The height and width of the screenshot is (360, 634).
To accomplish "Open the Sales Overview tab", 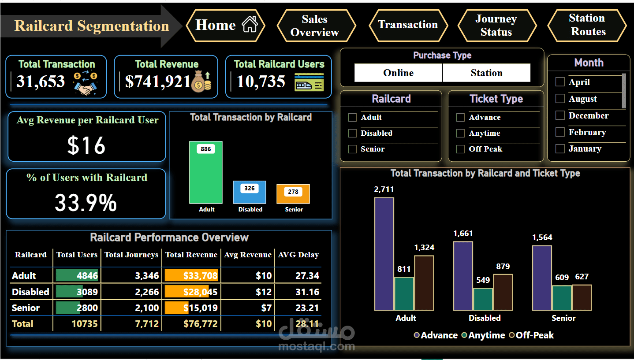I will [315, 26].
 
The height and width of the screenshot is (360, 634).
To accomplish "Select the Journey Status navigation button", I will [496, 26].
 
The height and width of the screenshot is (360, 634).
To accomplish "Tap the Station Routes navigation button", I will [587, 25].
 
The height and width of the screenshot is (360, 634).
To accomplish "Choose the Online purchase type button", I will [398, 73].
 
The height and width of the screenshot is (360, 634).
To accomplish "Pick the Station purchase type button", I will [486, 73].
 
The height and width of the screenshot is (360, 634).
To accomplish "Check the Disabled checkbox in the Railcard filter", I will [352, 134].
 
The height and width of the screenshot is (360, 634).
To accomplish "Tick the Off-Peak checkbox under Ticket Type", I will [460, 149].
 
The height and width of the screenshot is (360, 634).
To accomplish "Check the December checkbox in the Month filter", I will [560, 115].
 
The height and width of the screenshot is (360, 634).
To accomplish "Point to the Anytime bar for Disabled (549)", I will [483, 299].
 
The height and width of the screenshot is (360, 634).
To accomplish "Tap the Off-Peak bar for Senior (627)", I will [582, 297].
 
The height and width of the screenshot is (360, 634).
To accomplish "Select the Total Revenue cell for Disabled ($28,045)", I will [191, 292].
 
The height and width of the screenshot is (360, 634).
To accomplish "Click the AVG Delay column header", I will [298, 255].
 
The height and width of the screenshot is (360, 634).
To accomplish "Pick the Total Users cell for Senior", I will [77, 308].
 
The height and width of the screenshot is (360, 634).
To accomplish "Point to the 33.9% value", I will [86, 203].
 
